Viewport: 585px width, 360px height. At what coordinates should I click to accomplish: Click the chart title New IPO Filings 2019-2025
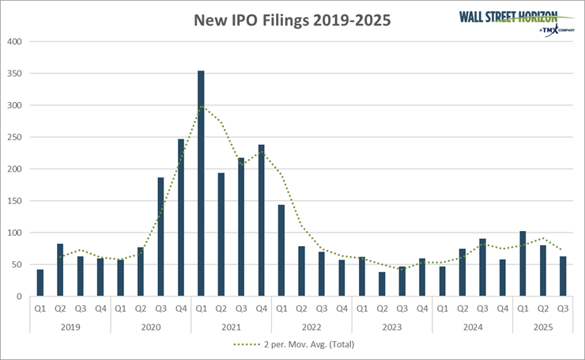(x=292, y=20)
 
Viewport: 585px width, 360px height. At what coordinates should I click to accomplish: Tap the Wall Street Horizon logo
(x=517, y=21)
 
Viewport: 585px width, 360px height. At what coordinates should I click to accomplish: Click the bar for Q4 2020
(x=180, y=218)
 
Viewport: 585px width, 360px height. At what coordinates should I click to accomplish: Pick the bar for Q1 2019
(x=40, y=283)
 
